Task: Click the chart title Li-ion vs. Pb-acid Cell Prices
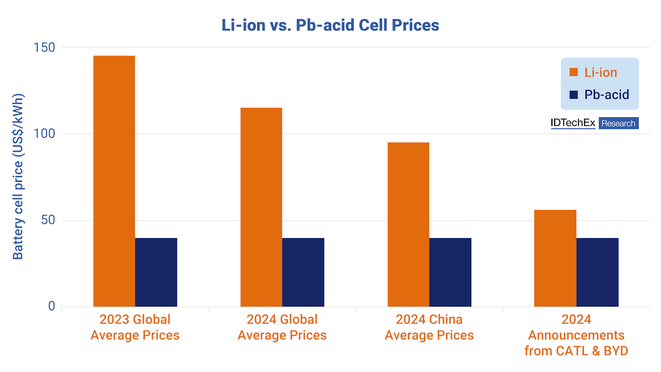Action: coord(330,25)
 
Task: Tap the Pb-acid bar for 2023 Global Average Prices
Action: coord(156,272)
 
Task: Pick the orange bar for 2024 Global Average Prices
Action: coord(261,207)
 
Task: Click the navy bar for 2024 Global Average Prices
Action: coord(303,272)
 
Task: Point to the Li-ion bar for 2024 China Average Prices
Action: coord(408,224)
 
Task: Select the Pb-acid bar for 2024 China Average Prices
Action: coord(450,272)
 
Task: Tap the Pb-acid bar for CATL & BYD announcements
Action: coord(597,272)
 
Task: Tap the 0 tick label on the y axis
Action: coord(51,306)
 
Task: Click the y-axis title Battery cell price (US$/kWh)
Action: coord(18,176)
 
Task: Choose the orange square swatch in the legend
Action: coord(573,72)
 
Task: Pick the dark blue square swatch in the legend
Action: coord(573,95)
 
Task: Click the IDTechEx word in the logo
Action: coord(573,123)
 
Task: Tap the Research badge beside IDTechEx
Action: coord(618,123)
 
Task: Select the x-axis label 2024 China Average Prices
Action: coord(429,327)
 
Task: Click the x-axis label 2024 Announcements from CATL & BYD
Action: coord(576,335)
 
